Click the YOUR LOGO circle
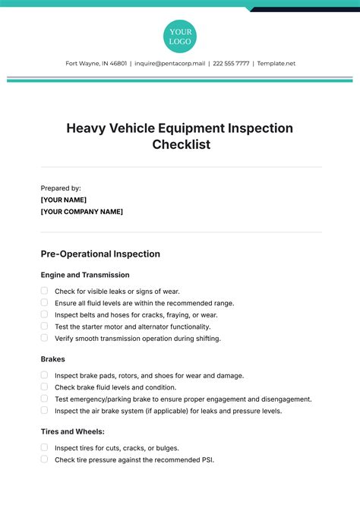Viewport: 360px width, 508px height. pos(180,36)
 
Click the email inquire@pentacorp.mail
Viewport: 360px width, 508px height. pos(169,64)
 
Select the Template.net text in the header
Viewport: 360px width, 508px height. pos(276,64)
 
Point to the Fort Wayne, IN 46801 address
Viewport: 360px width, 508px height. pos(96,64)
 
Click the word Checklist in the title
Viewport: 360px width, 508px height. pos(180,144)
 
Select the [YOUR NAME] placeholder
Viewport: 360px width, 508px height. pos(68,200)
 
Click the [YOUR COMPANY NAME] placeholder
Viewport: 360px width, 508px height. pos(81,212)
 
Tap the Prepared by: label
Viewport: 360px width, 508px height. pos(61,188)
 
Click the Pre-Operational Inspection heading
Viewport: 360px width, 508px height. pos(100,254)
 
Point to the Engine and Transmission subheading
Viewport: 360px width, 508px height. pos(85,275)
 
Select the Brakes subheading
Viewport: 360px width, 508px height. pos(52,359)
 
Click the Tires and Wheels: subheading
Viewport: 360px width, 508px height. pos(72,431)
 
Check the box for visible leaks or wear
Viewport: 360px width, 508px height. pos(45,291)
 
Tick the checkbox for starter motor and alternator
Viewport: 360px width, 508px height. pos(45,326)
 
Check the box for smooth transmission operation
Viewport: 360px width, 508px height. pos(45,337)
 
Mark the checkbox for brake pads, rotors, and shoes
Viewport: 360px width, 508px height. pos(45,375)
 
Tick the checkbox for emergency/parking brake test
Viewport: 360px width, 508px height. pos(45,399)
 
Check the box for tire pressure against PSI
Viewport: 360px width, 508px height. pos(45,459)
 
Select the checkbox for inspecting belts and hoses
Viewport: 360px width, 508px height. pos(45,314)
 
